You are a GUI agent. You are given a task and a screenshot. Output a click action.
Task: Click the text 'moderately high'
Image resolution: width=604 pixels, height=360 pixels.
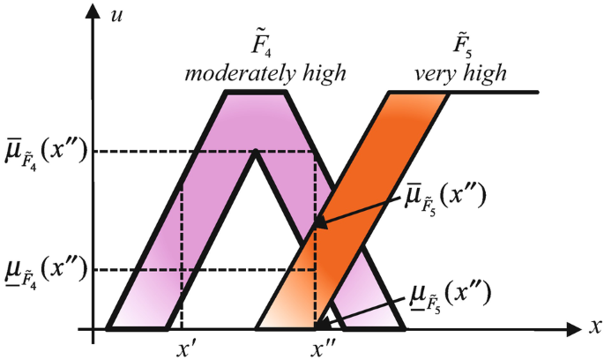pyautogui.click(x=264, y=74)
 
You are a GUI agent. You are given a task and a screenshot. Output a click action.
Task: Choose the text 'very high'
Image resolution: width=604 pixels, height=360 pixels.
pyautogui.click(x=460, y=74)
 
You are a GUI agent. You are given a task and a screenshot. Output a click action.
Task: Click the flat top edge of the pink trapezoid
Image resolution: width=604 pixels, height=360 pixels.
pyautogui.click(x=256, y=93)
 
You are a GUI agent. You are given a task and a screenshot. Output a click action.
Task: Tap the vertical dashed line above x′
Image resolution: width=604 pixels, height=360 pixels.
pyautogui.click(x=181, y=256)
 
